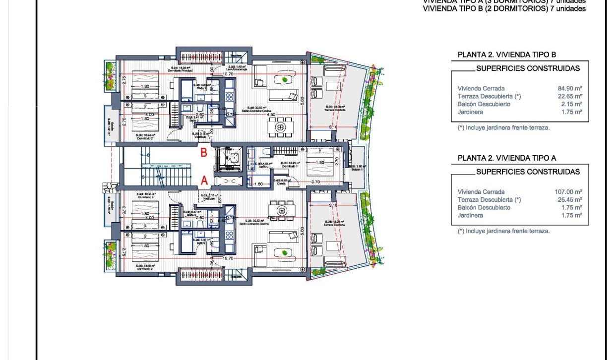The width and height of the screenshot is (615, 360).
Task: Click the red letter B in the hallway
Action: [203, 153]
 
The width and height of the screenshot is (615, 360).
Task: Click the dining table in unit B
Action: [281, 127]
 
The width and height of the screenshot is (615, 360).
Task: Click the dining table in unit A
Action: [281, 210]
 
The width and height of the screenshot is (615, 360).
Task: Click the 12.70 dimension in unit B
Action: [228, 74]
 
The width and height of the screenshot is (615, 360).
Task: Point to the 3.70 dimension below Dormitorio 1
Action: [315, 182]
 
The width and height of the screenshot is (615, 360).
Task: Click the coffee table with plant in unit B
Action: [284, 80]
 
